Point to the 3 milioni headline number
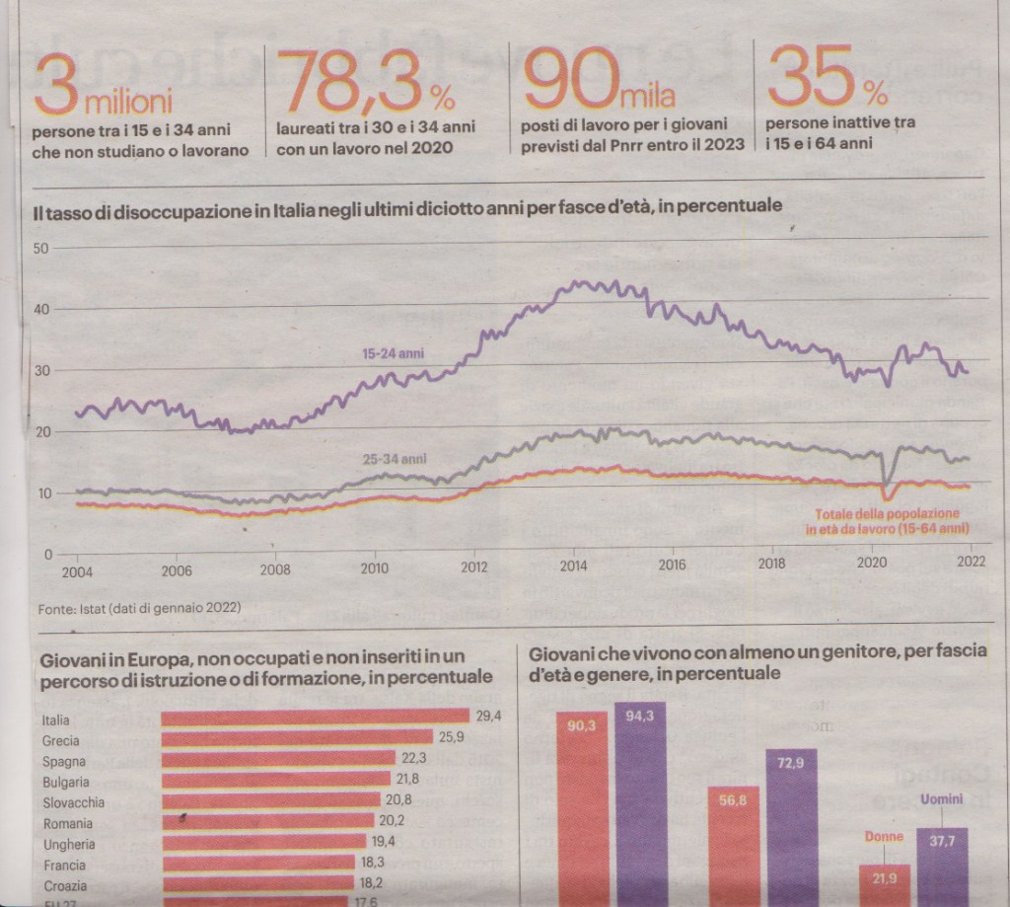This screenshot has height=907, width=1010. tap(103, 87)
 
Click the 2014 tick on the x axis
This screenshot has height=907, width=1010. tap(574, 567)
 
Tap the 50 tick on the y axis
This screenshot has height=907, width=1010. tap(41, 248)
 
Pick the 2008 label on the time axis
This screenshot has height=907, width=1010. tap(274, 568)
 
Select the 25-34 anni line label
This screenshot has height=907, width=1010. tap(395, 459)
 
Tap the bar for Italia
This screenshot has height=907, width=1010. tap(315, 718)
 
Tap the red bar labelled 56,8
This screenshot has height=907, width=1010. tap(733, 846)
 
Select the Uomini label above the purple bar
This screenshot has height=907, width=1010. tap(941, 800)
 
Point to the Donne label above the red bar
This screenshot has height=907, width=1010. tap(883, 837)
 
